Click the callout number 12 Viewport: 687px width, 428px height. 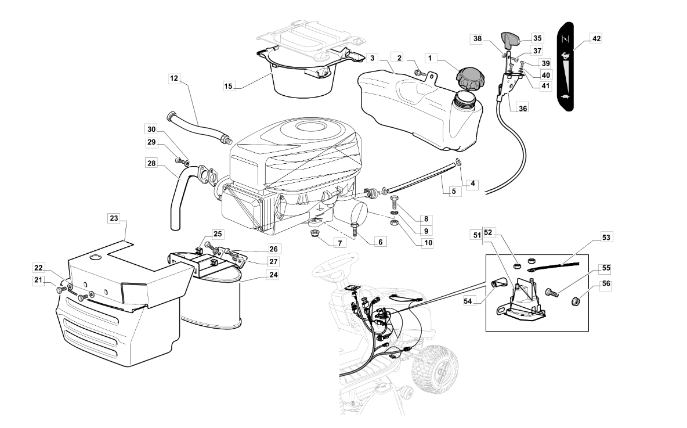(175, 78)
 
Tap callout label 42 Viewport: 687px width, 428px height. (596, 38)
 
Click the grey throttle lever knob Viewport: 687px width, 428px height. (509, 39)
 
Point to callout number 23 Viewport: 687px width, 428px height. (114, 218)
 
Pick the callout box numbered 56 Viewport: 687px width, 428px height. (606, 284)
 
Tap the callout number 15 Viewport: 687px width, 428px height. (228, 86)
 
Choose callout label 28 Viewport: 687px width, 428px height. (151, 163)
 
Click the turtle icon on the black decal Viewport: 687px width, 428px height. (565, 96)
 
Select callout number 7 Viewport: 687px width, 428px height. (339, 243)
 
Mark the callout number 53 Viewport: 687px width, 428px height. (606, 238)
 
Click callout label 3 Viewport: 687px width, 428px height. (372, 58)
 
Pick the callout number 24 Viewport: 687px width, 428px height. (273, 275)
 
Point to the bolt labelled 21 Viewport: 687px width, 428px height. (60, 289)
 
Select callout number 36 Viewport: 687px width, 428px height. (523, 108)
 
